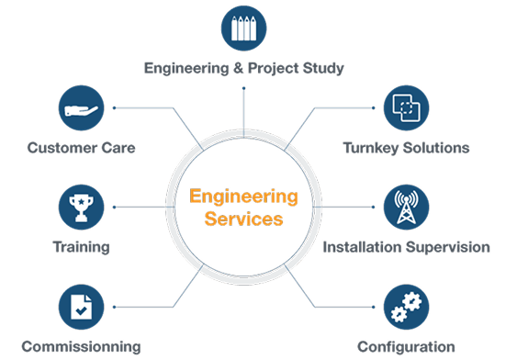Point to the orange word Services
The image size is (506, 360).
coord(243,219)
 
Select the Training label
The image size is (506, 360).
coord(82,247)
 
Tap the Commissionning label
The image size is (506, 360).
coord(84,346)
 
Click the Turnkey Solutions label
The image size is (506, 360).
coord(406,147)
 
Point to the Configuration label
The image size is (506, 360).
coord(407,346)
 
